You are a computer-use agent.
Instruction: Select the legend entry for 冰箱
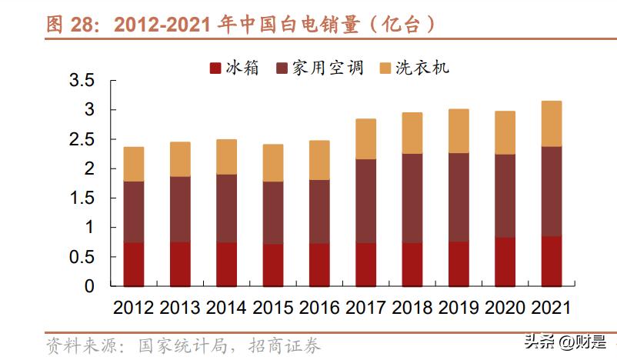(x=235, y=68)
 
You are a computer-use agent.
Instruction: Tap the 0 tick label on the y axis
(x=89, y=286)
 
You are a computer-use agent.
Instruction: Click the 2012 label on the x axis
(x=134, y=308)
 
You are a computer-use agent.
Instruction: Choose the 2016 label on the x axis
(x=319, y=308)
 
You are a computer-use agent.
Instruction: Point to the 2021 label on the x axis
(x=551, y=308)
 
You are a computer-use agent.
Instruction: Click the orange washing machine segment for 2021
(x=551, y=124)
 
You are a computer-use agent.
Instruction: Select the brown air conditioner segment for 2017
(x=365, y=201)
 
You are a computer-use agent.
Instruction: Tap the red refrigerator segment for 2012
(x=134, y=265)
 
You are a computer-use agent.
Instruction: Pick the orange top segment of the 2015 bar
(x=273, y=162)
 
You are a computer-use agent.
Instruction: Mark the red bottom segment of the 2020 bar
(x=505, y=262)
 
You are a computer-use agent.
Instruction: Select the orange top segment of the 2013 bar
(x=180, y=159)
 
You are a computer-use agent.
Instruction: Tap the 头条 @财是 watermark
(x=565, y=341)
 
